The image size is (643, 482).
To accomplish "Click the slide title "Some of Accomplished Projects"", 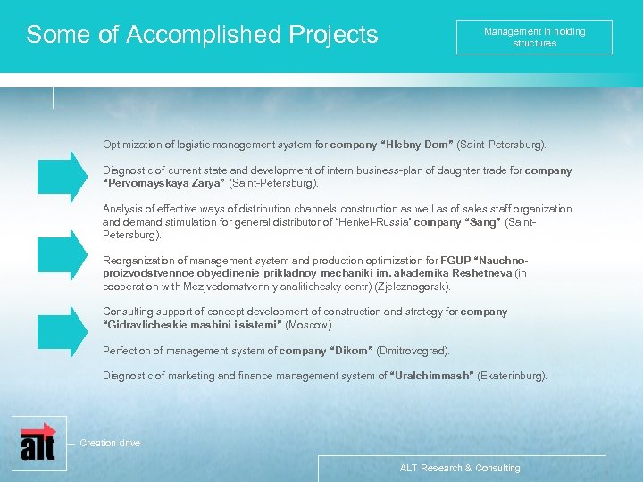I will [x=202, y=35].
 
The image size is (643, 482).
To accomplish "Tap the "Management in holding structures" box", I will [x=534, y=37].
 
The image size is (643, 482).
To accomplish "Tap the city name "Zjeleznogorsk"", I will [x=412, y=287].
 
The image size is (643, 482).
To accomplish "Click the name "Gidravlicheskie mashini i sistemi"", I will [x=192, y=325].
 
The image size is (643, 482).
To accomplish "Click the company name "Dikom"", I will [x=352, y=351].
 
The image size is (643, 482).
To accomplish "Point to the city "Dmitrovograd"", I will [x=413, y=351].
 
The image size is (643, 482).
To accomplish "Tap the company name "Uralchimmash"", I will [x=432, y=376].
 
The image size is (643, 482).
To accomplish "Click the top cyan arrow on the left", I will [x=64, y=175].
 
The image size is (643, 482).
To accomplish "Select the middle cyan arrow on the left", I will [x=64, y=253].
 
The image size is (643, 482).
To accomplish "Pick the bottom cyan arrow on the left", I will [x=64, y=329].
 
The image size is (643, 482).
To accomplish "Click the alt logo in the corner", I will [x=38, y=441].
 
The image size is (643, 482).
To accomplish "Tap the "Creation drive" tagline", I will [x=110, y=443].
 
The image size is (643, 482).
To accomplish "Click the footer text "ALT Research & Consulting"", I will [x=460, y=468].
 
